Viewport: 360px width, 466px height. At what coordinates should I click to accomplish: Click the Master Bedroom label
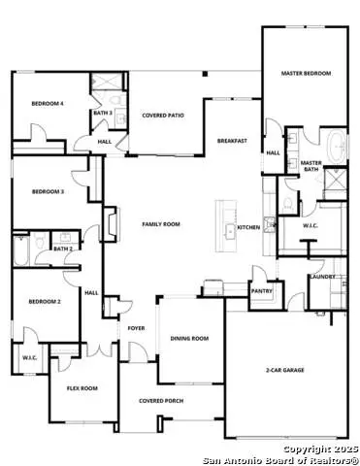pyautogui.click(x=305, y=74)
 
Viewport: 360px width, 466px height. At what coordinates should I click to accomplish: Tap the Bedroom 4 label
pyautogui.click(x=47, y=103)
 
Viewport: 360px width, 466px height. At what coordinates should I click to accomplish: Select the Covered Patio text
pyautogui.click(x=163, y=116)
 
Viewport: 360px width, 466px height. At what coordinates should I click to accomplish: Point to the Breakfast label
pyautogui.click(x=231, y=141)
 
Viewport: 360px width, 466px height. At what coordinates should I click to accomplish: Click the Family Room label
pyautogui.click(x=161, y=224)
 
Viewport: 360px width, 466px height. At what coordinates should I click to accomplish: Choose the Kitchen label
pyautogui.click(x=248, y=227)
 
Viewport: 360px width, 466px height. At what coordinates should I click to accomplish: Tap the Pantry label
pyautogui.click(x=261, y=289)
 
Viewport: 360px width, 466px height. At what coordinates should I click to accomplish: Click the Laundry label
pyautogui.click(x=323, y=277)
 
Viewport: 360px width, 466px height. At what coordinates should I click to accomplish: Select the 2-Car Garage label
pyautogui.click(x=285, y=370)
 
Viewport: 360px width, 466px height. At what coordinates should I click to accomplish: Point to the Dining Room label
pyautogui.click(x=189, y=338)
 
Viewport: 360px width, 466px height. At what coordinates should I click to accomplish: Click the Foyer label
pyautogui.click(x=136, y=328)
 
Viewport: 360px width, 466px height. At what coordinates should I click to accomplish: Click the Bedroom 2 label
pyautogui.click(x=46, y=302)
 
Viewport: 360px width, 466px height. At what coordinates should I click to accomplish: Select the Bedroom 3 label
pyautogui.click(x=48, y=192)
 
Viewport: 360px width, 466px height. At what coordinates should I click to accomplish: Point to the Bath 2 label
pyautogui.click(x=62, y=249)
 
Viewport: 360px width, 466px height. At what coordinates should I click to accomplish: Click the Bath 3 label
pyautogui.click(x=103, y=113)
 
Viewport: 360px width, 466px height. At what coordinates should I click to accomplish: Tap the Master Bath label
pyautogui.click(x=311, y=166)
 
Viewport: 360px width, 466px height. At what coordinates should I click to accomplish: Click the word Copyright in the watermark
pyautogui.click(x=307, y=449)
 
